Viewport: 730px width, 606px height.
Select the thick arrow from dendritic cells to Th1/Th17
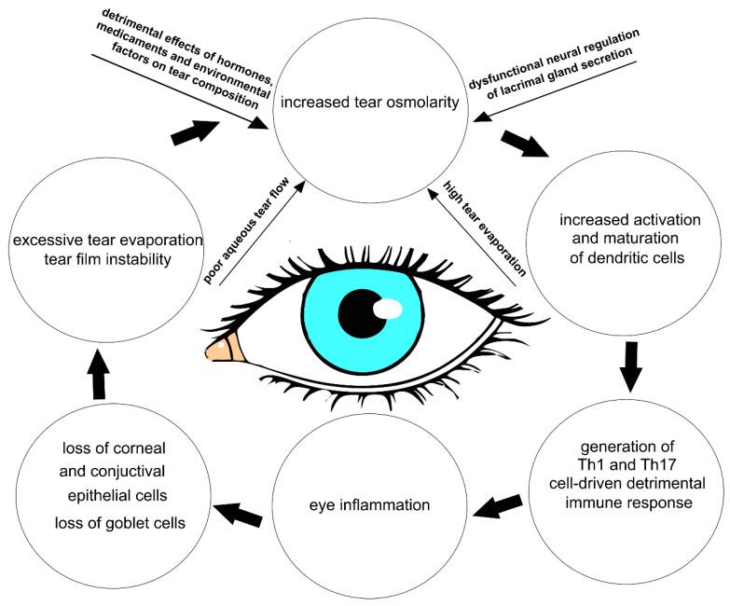tap(631, 365)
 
